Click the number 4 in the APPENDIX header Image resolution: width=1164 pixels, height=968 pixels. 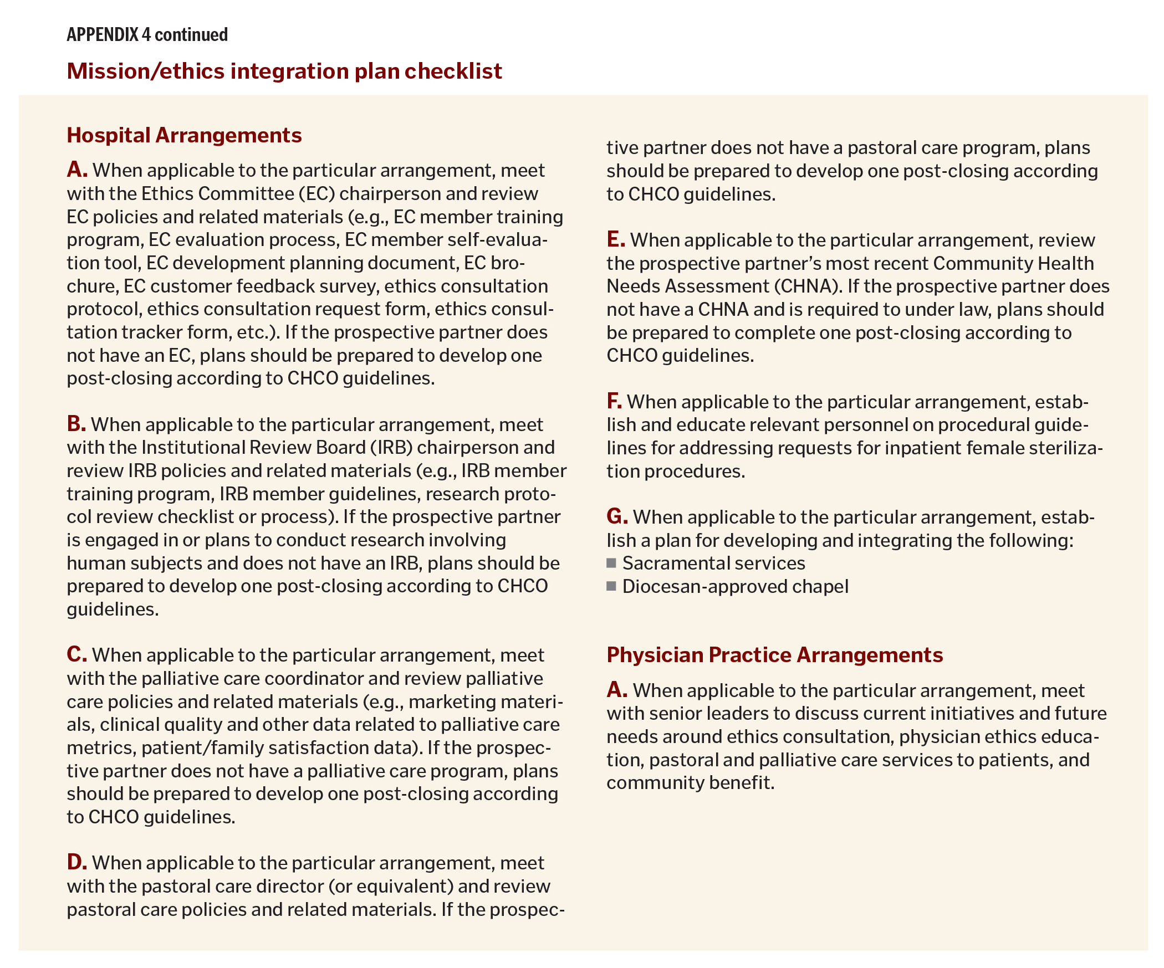pos(146,35)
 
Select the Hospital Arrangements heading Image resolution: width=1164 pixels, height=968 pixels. pos(184,135)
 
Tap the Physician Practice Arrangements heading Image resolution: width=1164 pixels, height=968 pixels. pos(774,655)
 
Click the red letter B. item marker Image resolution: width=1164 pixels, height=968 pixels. pos(76,424)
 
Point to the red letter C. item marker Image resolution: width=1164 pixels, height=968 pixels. pos(76,654)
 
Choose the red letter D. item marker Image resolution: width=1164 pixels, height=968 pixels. pos(76,862)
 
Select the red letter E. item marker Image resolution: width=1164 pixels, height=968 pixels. pos(615,239)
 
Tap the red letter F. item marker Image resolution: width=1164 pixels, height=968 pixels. pos(614,401)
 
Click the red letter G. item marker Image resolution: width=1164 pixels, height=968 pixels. pos(616,516)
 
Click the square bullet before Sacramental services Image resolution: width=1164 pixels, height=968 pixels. pos(611,563)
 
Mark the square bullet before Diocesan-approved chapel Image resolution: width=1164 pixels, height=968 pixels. pos(611,586)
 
